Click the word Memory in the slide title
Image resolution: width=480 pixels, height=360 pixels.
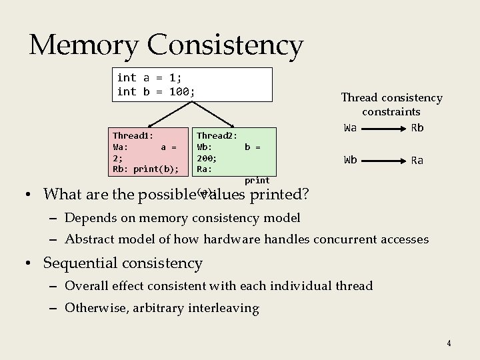pyautogui.click(x=85, y=45)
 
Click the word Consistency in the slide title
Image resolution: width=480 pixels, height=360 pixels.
pyautogui.click(x=225, y=45)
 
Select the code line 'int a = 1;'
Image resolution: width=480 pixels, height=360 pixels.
pyautogui.click(x=149, y=77)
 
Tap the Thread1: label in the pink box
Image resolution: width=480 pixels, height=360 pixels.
pyautogui.click(x=133, y=135)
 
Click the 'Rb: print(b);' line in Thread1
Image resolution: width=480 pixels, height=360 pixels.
pyautogui.click(x=145, y=169)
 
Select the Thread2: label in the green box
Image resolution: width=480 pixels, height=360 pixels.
pyautogui.click(x=217, y=135)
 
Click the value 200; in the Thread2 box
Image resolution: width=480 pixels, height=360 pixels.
pyautogui.click(x=207, y=158)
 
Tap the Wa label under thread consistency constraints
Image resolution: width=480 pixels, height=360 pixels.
pyautogui.click(x=350, y=128)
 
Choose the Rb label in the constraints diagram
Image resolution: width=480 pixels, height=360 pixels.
pyautogui.click(x=417, y=128)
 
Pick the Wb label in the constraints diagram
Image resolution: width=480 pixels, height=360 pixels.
pyautogui.click(x=350, y=160)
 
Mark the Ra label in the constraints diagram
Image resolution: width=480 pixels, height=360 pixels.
pyautogui.click(x=417, y=160)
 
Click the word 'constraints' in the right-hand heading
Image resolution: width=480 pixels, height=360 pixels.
pyautogui.click(x=391, y=112)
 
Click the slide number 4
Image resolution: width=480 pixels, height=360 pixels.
pyautogui.click(x=449, y=343)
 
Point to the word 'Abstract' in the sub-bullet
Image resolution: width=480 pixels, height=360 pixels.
pyautogui.click(x=89, y=239)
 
